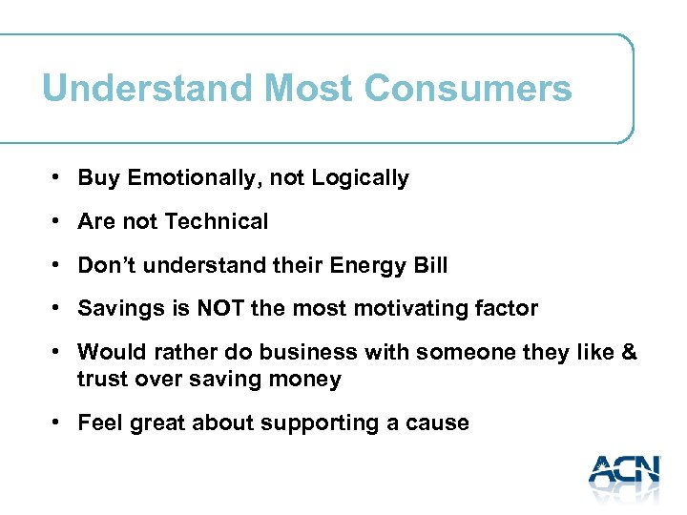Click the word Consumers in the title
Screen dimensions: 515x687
point(468,89)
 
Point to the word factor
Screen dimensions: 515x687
point(508,309)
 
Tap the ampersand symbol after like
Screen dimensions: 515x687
point(628,353)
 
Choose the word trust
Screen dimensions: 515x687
point(102,379)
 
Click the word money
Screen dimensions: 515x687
point(308,379)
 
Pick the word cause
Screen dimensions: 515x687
point(439,422)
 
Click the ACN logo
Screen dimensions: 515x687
point(624,473)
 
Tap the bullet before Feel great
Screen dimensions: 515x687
point(58,422)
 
